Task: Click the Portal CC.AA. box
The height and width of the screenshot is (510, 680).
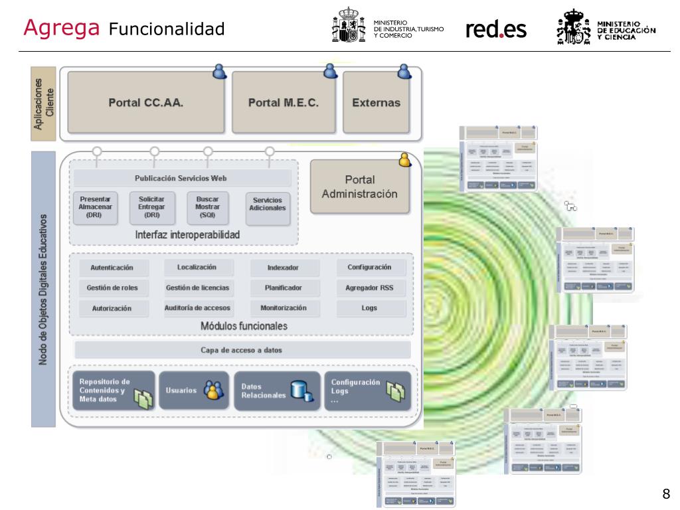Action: (x=145, y=103)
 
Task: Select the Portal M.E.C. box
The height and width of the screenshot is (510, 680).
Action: (x=284, y=103)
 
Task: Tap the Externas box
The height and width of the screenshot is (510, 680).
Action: (x=376, y=103)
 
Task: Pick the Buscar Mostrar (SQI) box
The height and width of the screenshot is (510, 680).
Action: (x=207, y=206)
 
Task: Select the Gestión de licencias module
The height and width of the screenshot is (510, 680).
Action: (x=197, y=288)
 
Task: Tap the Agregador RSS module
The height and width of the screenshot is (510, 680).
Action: (x=370, y=288)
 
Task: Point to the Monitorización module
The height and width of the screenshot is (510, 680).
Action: (x=284, y=308)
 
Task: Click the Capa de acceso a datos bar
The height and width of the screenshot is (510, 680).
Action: (x=242, y=351)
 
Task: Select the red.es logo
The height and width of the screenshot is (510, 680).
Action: (x=496, y=29)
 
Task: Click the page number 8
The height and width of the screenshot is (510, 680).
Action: (x=666, y=493)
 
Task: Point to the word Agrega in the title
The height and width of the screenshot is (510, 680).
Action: (x=62, y=27)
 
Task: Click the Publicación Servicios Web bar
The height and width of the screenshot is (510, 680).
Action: (x=181, y=178)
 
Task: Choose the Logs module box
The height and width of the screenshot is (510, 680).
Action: (x=370, y=308)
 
